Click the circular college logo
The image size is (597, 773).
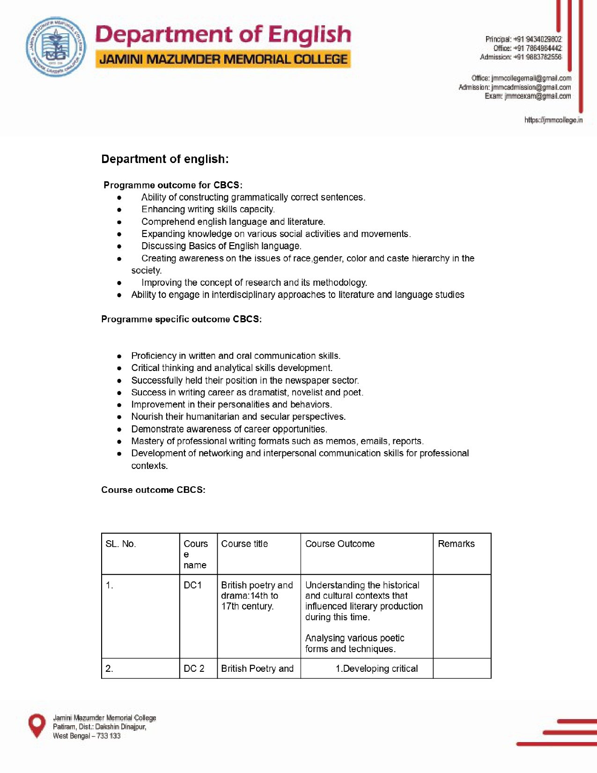tap(56, 47)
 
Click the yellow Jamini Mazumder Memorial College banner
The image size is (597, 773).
tap(223, 59)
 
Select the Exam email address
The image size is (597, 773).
tap(538, 96)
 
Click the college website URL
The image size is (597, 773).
tap(553, 120)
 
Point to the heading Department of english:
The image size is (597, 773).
tap(165, 159)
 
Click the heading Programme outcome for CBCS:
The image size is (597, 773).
tap(173, 185)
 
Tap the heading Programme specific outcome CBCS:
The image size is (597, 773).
tap(181, 319)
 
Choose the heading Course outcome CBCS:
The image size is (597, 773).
tap(153, 490)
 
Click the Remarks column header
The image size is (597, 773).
tap(456, 544)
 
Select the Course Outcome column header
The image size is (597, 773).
tap(340, 544)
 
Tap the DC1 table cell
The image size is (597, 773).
tap(192, 585)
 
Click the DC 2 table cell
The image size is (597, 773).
tap(194, 669)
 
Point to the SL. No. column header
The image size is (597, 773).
tap(121, 544)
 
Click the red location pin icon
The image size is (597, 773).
tap(37, 725)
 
